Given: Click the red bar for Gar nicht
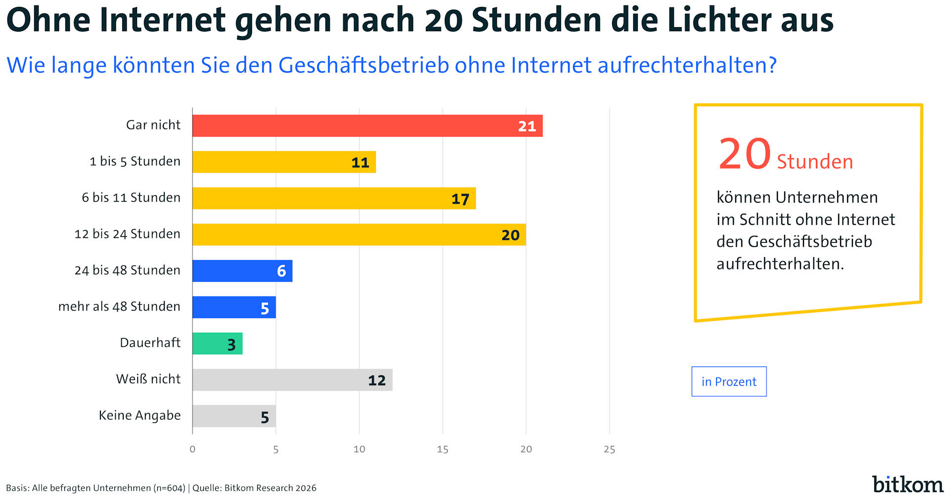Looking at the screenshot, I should click(x=367, y=126).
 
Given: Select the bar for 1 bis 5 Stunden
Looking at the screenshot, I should click(x=284, y=162).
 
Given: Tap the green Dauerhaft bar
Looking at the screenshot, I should click(x=217, y=343).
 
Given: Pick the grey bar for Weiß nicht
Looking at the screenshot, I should click(x=292, y=380).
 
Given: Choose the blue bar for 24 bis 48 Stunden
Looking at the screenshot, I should click(x=242, y=271).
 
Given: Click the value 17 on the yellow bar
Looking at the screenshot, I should click(x=460, y=199).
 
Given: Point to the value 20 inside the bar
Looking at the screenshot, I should click(x=510, y=235).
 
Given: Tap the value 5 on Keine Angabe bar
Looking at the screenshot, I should click(x=265, y=417).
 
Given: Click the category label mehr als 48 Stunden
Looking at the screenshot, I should click(x=119, y=307).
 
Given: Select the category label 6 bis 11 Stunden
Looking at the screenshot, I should click(x=131, y=198).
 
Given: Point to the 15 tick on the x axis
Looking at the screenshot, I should click(x=442, y=449).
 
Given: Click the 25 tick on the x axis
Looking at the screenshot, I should click(x=609, y=449).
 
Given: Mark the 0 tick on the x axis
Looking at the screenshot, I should click(x=192, y=449).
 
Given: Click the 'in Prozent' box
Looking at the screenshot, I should click(x=729, y=381).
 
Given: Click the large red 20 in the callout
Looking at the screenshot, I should click(x=744, y=154).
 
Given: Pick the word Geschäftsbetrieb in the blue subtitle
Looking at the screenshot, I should click(x=364, y=65).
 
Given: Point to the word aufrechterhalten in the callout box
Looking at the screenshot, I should click(x=779, y=264).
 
